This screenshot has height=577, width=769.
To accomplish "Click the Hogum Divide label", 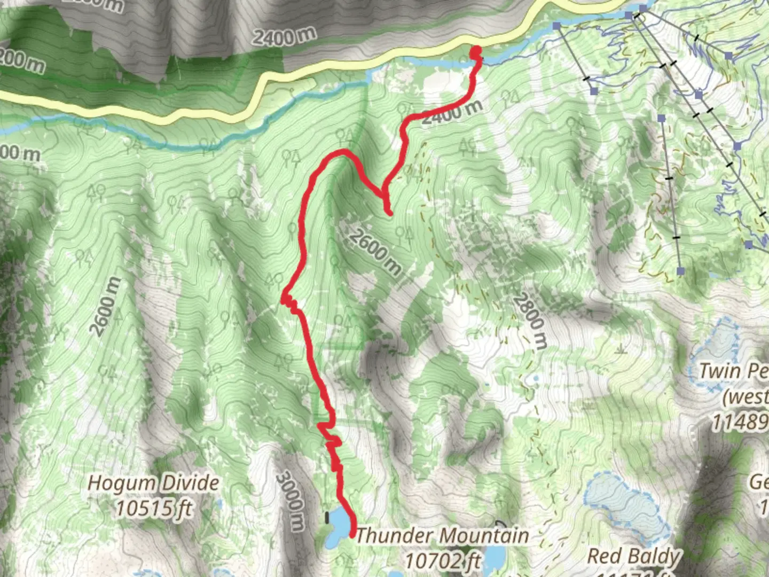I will click(153, 483).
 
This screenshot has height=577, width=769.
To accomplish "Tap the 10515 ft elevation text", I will click(153, 508).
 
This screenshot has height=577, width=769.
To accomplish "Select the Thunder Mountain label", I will click(442, 535).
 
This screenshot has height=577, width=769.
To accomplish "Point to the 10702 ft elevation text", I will click(443, 560).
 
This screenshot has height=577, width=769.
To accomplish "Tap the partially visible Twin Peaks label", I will click(734, 371).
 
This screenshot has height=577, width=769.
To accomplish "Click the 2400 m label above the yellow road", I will click(284, 37).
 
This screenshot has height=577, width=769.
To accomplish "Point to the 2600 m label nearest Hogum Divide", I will click(105, 307).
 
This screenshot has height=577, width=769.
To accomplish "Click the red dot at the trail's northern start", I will click(475, 51).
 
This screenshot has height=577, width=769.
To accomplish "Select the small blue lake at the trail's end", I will click(338, 526).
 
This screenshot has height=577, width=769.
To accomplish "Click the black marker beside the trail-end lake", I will click(327, 517).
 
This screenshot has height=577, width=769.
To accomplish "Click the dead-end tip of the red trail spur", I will click(390, 214).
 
